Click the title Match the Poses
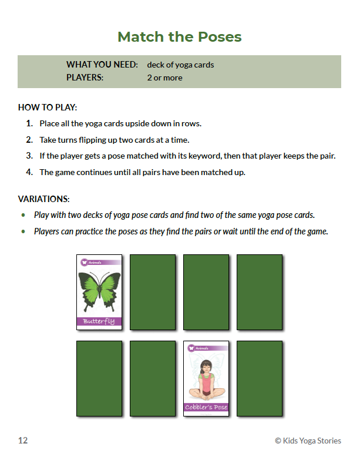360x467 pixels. [x=180, y=37]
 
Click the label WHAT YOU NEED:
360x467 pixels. [x=102, y=65]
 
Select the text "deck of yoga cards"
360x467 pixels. [x=180, y=65]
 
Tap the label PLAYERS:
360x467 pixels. [x=85, y=78]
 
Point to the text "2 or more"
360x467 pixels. [x=164, y=78]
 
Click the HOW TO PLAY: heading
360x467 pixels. [x=48, y=107]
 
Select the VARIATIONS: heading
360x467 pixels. [x=44, y=199]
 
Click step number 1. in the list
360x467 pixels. [x=29, y=124]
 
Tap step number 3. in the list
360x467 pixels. [x=29, y=156]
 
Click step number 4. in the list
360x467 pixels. [x=29, y=172]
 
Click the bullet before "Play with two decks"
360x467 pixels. [x=23, y=215]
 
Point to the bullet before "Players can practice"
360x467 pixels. [x=23, y=231]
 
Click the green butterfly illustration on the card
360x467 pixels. [x=99, y=290]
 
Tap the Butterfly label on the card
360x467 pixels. [x=99, y=321]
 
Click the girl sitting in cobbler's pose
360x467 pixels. [x=206, y=381]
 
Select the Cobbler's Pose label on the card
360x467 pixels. [x=206, y=407]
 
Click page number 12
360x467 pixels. [x=23, y=441]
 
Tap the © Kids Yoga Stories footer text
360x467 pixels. [x=308, y=441]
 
